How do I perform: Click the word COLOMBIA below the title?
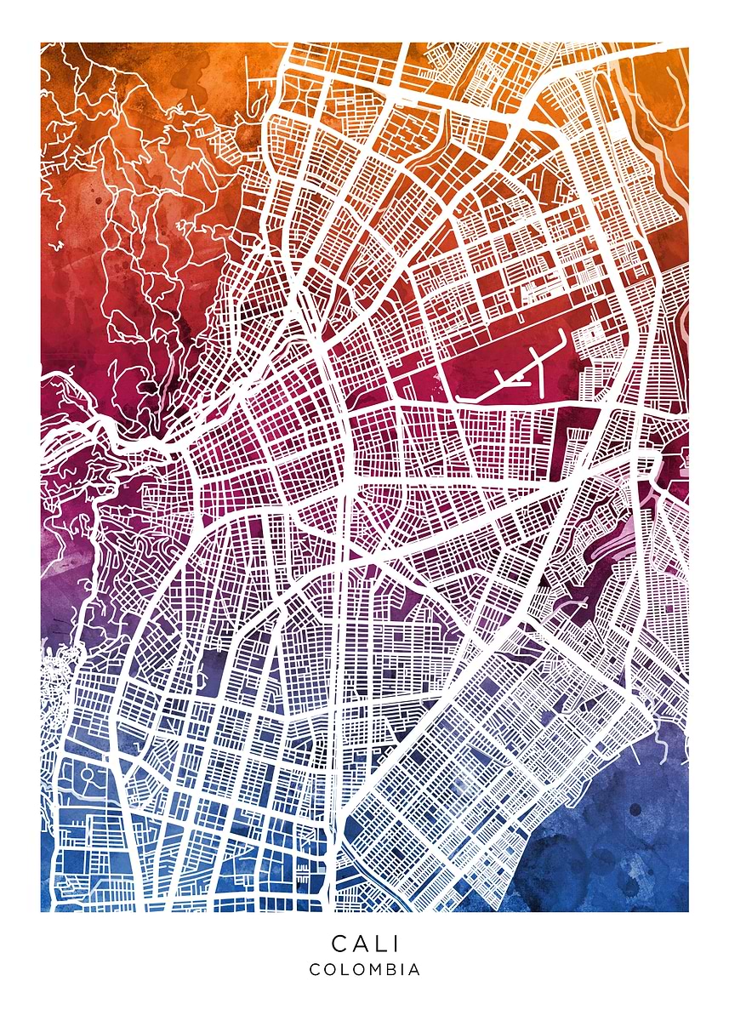click(364, 969)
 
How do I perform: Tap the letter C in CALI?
click(339, 944)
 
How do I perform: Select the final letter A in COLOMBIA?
click(414, 969)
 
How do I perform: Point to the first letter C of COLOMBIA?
click(315, 969)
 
